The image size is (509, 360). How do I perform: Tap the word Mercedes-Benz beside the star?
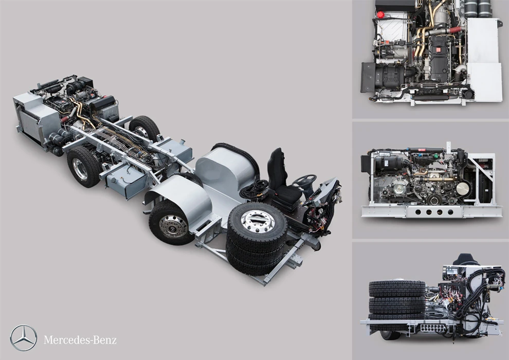pyautogui.click(x=80, y=340)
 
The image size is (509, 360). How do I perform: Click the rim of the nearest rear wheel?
pyautogui.click(x=80, y=169)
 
